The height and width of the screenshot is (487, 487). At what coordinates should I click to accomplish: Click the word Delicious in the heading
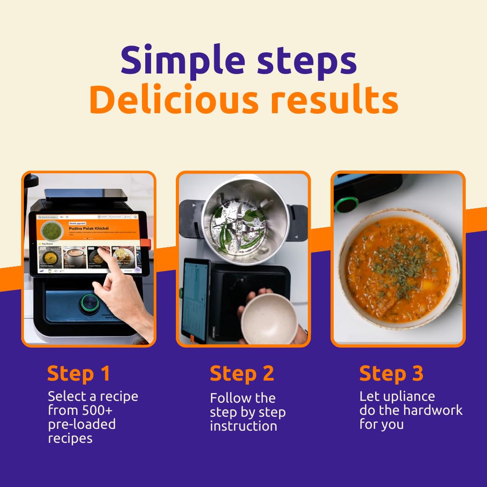[x=174, y=100]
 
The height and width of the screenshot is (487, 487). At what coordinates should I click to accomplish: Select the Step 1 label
[x=78, y=374]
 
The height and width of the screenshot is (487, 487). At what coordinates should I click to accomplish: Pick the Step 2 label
[x=242, y=374]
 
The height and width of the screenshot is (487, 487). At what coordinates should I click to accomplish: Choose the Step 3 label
[x=391, y=374]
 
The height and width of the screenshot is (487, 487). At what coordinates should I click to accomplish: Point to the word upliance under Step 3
[x=410, y=396]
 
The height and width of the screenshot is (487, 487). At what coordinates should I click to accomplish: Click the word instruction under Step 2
[x=243, y=426]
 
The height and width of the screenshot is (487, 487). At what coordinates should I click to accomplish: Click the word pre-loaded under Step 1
[x=82, y=424]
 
